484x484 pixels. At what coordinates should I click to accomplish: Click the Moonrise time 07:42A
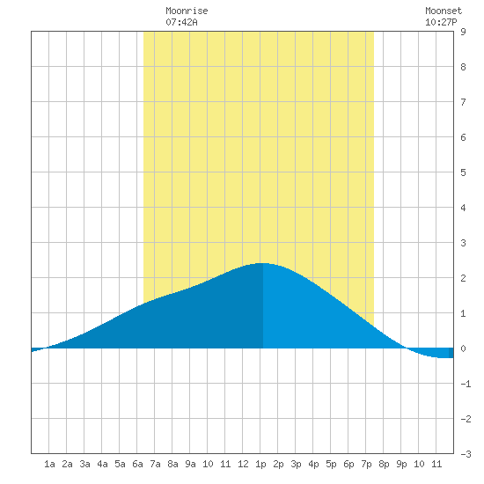[181, 22]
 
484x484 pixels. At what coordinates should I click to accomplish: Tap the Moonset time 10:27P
[441, 22]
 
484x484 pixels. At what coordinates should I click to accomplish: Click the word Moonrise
[187, 11]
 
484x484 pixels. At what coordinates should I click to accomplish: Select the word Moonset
[444, 11]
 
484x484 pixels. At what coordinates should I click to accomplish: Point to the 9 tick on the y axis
[463, 32]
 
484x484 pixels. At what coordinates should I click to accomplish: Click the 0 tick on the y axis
[463, 348]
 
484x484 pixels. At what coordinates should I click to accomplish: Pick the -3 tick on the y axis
[466, 454]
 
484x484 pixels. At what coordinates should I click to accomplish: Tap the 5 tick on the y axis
[463, 172]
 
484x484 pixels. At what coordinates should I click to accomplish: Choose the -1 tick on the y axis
[466, 384]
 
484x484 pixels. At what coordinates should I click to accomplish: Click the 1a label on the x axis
[49, 464]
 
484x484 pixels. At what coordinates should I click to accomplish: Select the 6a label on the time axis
[137, 464]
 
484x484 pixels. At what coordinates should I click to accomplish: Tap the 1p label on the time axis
[260, 464]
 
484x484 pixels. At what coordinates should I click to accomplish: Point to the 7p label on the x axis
[366, 464]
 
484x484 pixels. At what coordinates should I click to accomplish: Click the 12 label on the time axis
[243, 464]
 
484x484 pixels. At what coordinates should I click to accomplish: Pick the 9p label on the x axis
[401, 464]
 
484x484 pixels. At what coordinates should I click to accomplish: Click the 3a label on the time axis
[84, 464]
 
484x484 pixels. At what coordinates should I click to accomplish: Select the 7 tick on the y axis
[463, 102]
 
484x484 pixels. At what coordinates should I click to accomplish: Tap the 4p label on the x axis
[313, 464]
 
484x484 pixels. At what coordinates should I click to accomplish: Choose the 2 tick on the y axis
[463, 278]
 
